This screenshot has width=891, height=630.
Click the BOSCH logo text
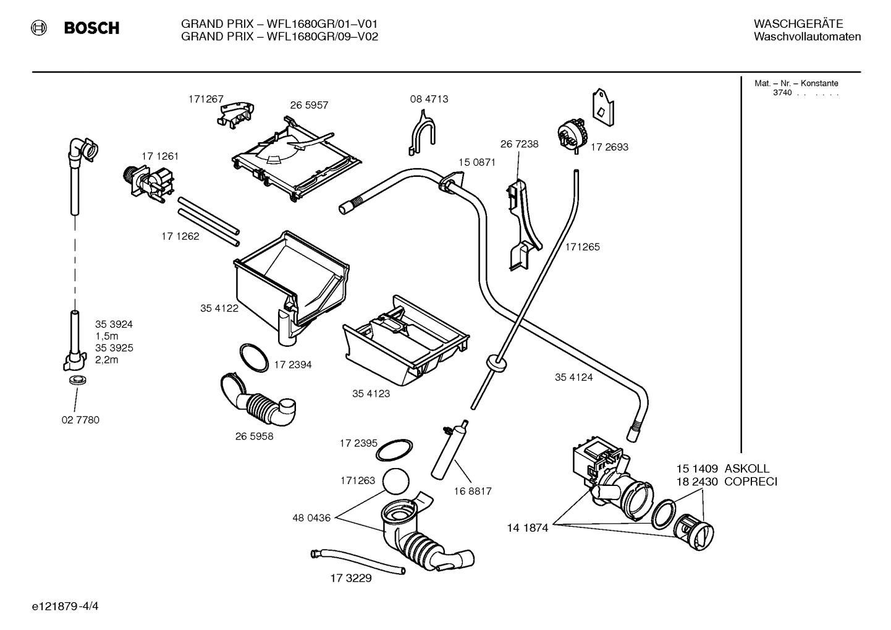[91, 28]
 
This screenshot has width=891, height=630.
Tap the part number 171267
[206, 99]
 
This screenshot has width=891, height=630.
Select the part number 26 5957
[309, 105]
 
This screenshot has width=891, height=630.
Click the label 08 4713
[429, 99]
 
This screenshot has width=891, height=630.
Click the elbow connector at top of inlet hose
[83, 150]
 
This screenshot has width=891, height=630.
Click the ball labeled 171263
[396, 480]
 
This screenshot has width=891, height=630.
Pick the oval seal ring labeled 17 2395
[395, 450]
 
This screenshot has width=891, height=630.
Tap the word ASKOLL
[747, 469]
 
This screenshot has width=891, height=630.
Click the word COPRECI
[751, 482]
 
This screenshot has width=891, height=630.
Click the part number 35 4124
[573, 377]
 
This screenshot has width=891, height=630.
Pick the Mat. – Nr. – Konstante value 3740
[782, 93]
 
